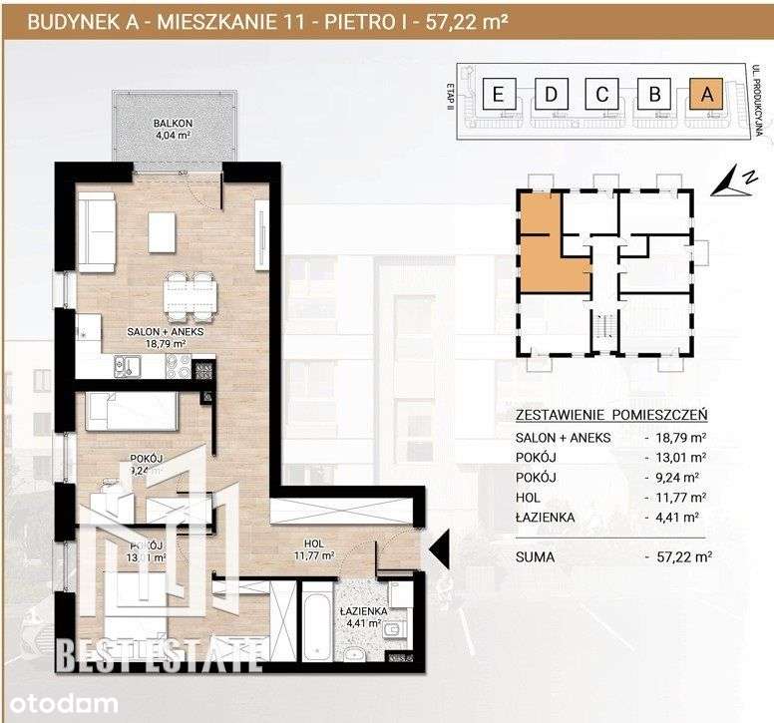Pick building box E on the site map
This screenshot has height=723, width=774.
[497, 95]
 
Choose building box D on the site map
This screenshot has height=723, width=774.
[550, 95]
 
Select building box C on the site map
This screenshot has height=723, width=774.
[601, 95]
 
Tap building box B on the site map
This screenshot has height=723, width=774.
[654, 95]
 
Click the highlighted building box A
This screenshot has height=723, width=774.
[706, 95]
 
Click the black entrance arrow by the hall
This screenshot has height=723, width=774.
[438, 546]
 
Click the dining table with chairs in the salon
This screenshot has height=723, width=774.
[190, 289]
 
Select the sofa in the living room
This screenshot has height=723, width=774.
[98, 230]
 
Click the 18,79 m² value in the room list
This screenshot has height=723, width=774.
[681, 438]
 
